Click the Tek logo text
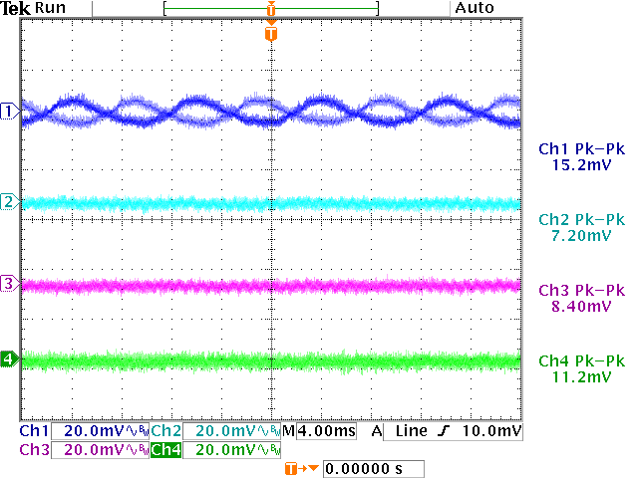click(16, 8)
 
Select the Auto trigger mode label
click(474, 8)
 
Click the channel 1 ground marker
click(10, 110)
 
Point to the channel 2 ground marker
click(10, 202)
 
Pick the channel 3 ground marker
click(10, 285)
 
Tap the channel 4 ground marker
click(10, 358)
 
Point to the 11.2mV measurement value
click(579, 377)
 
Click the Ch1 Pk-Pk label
click(580, 147)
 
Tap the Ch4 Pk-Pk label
click(580, 360)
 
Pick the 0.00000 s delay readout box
click(374, 468)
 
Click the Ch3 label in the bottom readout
click(33, 450)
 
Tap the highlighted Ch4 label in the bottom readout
click(165, 450)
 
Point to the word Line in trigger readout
click(410, 431)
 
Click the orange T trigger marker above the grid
click(271, 35)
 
